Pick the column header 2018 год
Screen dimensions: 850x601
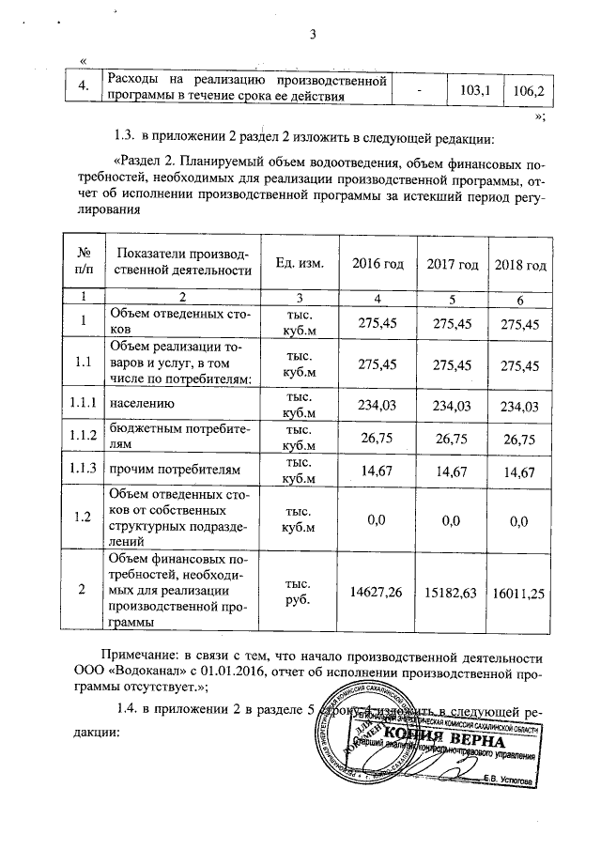(519, 264)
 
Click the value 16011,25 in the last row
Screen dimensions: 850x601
(519, 592)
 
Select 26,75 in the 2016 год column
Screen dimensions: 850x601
(376, 436)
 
